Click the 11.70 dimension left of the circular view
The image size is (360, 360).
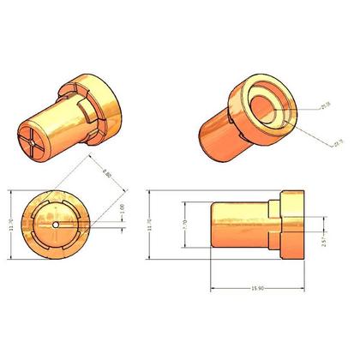pyautogui.click(x=9, y=225)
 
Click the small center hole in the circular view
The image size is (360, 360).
pyautogui.click(x=56, y=225)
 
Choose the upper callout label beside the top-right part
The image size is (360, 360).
pyautogui.click(x=325, y=105)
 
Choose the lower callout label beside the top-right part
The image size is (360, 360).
pyautogui.click(x=329, y=142)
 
